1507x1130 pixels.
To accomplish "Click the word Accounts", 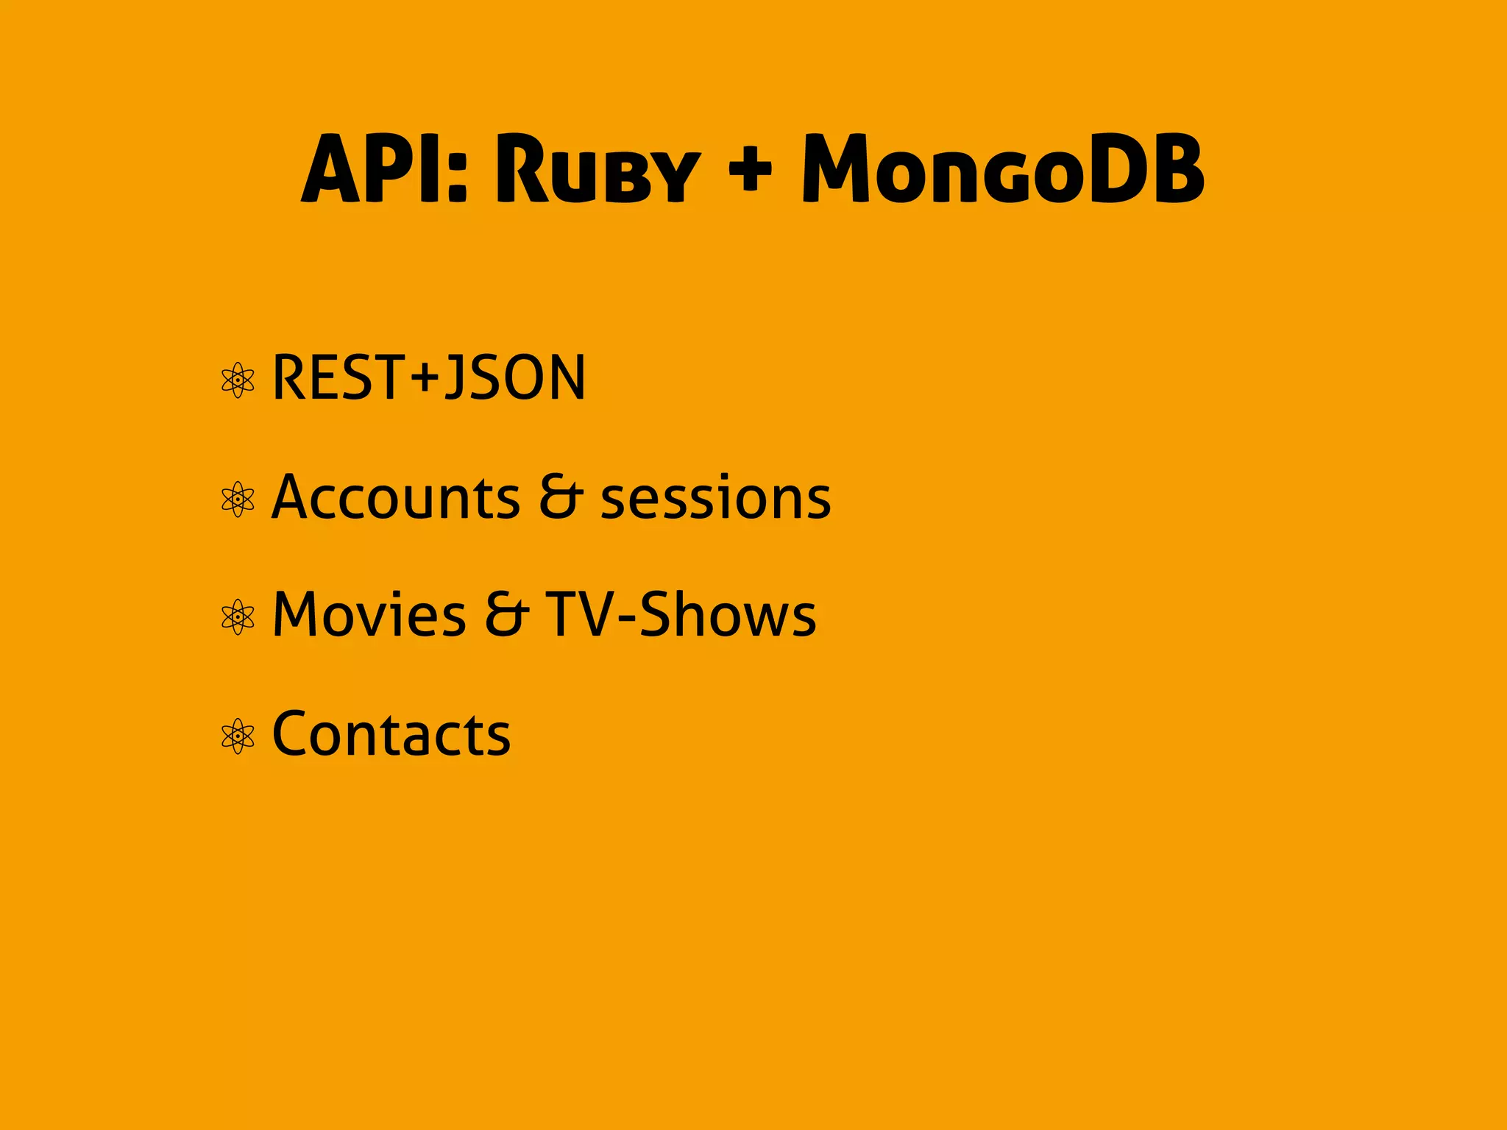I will click(x=396, y=497).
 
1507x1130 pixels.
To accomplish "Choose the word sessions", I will click(x=715, y=499).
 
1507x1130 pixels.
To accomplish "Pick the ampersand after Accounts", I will click(x=561, y=497).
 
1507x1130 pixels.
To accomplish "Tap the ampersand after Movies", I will click(x=506, y=615).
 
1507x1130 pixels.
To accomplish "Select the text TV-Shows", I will click(x=681, y=615).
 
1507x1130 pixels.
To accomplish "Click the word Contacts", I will click(x=391, y=734).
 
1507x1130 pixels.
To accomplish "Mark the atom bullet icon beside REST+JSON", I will click(x=238, y=380).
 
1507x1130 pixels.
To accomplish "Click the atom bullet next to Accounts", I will click(x=238, y=500).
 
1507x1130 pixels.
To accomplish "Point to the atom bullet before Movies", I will click(x=238, y=617).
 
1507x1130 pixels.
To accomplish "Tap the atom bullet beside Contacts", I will click(x=238, y=736).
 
